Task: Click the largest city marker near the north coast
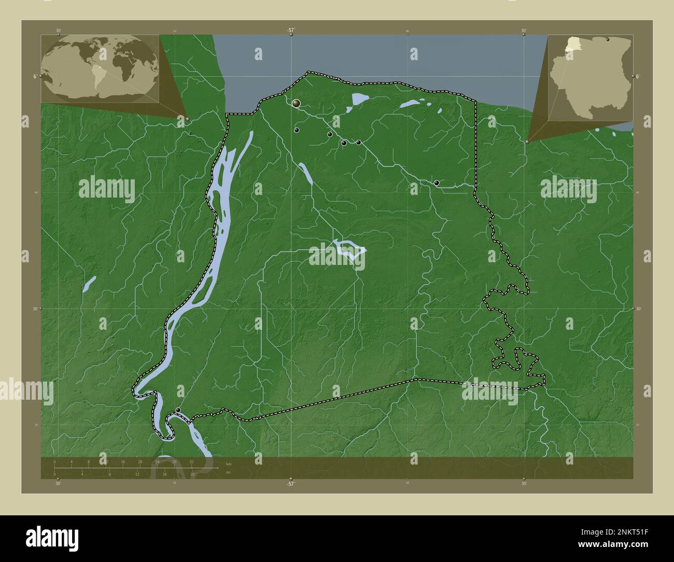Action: (x=296, y=104)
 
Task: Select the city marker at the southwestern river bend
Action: (x=178, y=410)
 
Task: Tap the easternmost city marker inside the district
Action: (x=437, y=183)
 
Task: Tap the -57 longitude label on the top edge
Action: (x=291, y=31)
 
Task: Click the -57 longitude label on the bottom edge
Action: (x=291, y=484)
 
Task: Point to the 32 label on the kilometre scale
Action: (x=191, y=461)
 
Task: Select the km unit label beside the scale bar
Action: (x=229, y=463)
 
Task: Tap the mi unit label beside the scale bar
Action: (x=228, y=472)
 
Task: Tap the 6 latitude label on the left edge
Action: (x=34, y=76)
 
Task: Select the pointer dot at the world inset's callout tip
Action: (x=188, y=119)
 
